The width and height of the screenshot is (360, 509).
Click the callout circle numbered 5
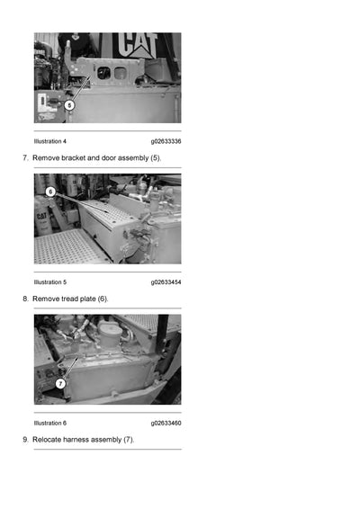tap(69, 104)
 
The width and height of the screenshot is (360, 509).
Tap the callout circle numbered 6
tap(50, 192)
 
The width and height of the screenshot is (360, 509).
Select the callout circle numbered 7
tap(60, 383)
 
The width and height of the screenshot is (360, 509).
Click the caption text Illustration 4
tap(50, 141)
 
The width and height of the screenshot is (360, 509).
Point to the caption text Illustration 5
tap(50, 282)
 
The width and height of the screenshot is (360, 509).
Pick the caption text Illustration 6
tap(50, 423)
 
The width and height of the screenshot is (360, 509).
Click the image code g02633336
tap(166, 141)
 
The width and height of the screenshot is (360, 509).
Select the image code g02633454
tap(166, 282)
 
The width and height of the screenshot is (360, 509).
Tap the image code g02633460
tap(166, 423)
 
